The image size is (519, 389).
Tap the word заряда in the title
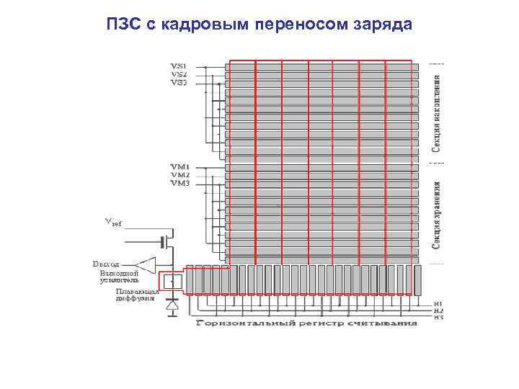click(x=383, y=24)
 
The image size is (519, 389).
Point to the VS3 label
click(x=179, y=82)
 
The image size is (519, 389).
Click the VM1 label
click(x=179, y=167)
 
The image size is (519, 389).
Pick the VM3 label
click(x=179, y=184)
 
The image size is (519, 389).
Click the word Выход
click(x=106, y=264)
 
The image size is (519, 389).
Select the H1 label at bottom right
click(x=438, y=303)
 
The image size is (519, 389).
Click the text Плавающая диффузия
click(x=133, y=293)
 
